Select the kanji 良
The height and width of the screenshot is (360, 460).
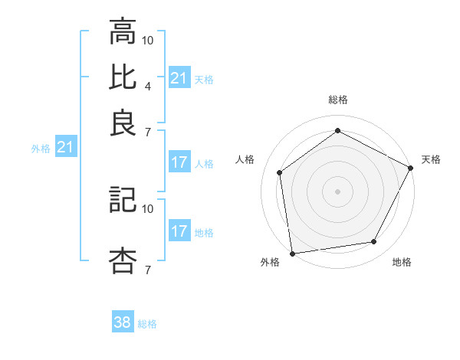coord(123,122)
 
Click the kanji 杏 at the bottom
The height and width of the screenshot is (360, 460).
coord(123,260)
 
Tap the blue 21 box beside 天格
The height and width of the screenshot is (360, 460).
coord(179,77)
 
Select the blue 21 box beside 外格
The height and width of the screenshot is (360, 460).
coord(65,147)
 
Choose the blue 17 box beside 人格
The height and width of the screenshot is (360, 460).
coord(179,162)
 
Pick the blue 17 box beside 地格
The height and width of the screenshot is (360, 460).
coord(179,231)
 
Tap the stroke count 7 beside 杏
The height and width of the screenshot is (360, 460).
coord(147,270)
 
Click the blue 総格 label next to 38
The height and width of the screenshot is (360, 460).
coord(147,324)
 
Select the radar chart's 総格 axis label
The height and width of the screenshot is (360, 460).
coord(337,100)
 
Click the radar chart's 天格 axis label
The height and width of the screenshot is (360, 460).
coord(431,159)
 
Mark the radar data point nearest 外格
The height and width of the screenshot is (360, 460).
coord(292,253)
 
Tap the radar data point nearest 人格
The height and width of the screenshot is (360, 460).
coord(280,172)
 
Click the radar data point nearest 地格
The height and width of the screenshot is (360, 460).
coord(374,242)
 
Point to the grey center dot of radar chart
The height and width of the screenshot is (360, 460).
coord(337,191)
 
